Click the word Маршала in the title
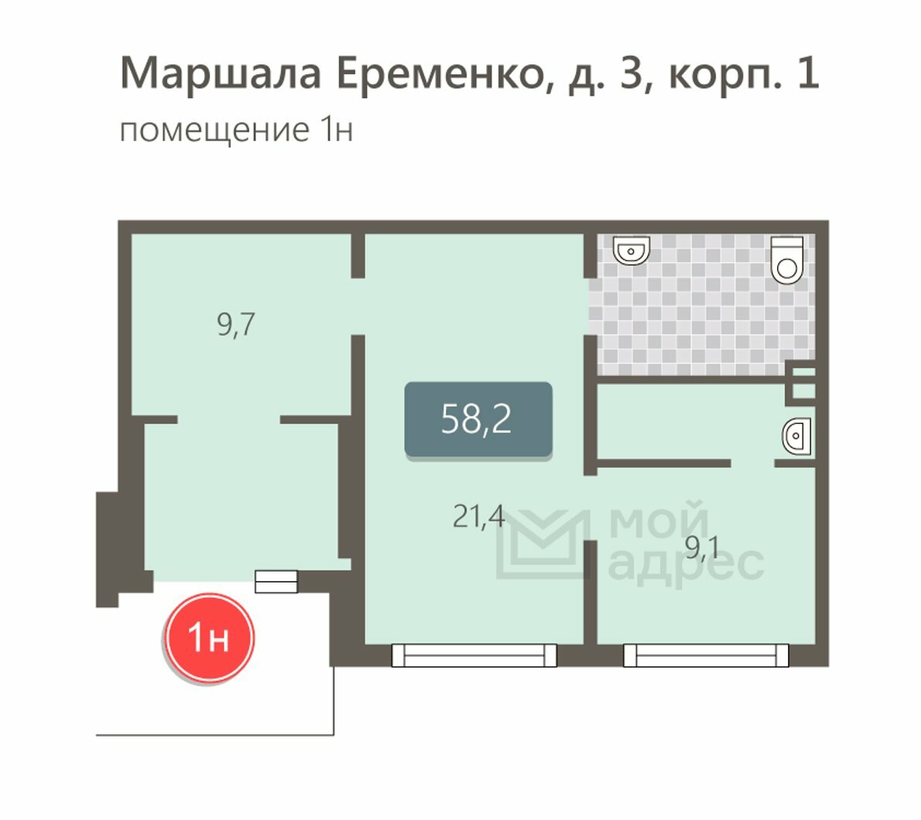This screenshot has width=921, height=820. click(221, 73)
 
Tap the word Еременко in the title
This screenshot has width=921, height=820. click(445, 74)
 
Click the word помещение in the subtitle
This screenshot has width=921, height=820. click(214, 131)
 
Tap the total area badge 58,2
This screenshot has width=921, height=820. click(478, 419)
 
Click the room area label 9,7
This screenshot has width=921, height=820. click(236, 325)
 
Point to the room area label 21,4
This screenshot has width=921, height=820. click(479, 517)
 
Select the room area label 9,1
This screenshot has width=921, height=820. click(702, 548)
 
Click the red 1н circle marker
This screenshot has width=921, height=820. click(208, 637)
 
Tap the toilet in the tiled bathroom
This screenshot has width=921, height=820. click(786, 260)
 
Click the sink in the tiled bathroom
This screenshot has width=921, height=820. click(632, 250)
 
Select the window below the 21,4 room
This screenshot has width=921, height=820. click(474, 655)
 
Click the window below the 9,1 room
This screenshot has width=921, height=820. click(705, 655)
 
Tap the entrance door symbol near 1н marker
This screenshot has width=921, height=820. click(276, 581)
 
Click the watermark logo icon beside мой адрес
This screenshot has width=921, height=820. click(542, 544)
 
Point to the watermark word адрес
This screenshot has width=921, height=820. click(686, 565)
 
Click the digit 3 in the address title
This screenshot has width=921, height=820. click(631, 74)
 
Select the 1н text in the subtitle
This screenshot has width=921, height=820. click(337, 130)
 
